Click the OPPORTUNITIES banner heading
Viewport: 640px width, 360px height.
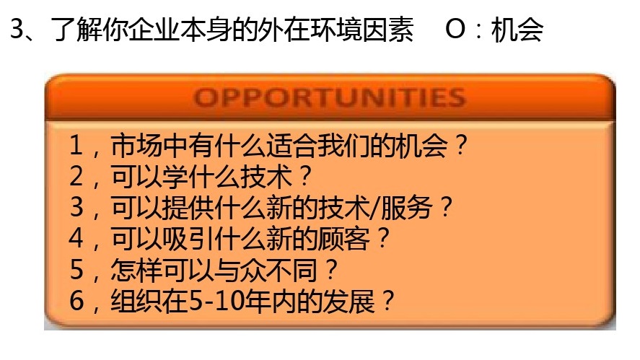point(330,97)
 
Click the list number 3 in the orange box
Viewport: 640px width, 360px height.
point(76,208)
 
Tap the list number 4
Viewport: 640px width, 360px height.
point(76,240)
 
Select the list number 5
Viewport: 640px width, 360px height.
point(76,271)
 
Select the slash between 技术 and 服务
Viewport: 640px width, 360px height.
point(381,208)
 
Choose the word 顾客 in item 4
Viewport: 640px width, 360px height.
point(348,240)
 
